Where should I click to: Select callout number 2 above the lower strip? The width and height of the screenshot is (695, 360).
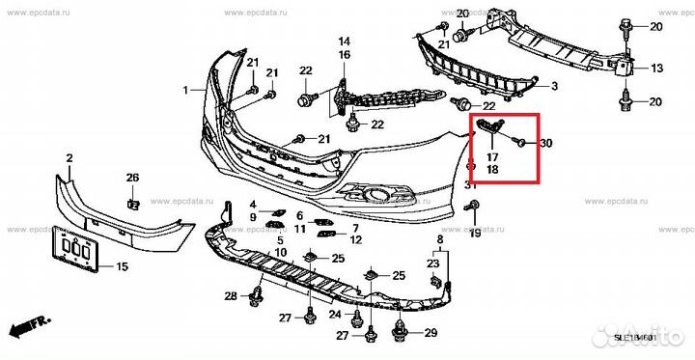tap(69, 156)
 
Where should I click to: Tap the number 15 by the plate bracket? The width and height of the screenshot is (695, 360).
tap(122, 266)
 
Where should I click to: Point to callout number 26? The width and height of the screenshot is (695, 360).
tap(132, 177)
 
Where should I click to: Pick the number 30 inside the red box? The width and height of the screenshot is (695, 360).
tap(545, 144)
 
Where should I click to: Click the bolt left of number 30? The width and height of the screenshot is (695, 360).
tap(521, 143)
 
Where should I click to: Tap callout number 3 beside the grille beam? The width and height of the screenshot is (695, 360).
tap(554, 87)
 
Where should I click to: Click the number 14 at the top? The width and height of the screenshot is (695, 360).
tap(344, 42)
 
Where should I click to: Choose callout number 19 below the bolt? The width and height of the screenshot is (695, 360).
tap(474, 234)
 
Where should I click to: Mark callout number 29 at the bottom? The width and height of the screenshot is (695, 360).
tap(430, 333)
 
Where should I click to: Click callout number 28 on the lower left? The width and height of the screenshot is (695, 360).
tap(231, 295)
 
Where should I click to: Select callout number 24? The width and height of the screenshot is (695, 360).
tap(335, 315)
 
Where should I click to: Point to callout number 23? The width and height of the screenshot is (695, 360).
tap(432, 263)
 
